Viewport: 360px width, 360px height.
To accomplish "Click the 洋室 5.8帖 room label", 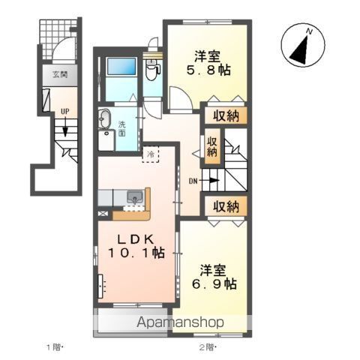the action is click(208, 63).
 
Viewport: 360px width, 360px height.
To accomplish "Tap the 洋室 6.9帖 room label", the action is click(214, 277).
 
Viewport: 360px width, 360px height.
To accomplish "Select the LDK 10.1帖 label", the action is click(136, 246).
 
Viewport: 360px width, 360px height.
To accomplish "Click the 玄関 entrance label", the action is click(60, 74).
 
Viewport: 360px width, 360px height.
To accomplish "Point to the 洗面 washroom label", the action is click(122, 128).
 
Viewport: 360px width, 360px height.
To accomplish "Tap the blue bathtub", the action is click(121, 66).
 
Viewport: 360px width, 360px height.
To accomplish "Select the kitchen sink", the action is click(135, 197).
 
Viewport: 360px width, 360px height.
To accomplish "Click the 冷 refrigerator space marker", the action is click(151, 154).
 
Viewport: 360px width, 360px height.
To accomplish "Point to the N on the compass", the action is click(310, 31).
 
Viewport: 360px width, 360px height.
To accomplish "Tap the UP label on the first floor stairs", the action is click(65, 112).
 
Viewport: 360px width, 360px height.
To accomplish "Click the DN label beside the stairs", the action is click(193, 181).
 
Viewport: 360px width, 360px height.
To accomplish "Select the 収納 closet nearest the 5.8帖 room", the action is click(226, 115).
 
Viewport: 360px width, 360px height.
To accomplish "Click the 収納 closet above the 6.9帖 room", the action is click(226, 206).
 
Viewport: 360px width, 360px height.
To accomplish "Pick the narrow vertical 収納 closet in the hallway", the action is click(212, 146).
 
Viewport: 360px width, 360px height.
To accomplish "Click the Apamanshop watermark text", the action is click(180, 322).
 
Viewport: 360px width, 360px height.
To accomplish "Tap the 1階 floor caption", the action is click(53, 347).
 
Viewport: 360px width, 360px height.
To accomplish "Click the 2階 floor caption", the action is click(207, 347).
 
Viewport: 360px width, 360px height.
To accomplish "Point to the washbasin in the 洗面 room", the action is click(105, 119).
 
